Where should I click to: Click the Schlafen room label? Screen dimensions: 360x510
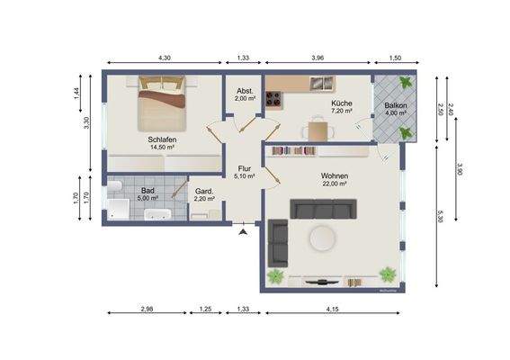(x=162, y=139)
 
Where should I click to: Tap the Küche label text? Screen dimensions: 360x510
(x=341, y=104)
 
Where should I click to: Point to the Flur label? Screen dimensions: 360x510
(x=244, y=168)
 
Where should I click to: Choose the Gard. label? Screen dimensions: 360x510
(x=204, y=191)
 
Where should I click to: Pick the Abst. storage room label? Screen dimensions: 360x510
(x=244, y=91)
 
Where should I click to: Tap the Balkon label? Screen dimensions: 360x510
(x=396, y=104)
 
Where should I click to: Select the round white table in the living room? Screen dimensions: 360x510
(x=321, y=238)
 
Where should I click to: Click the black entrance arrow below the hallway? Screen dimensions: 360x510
(x=243, y=232)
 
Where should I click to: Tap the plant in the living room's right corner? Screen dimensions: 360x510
(x=388, y=273)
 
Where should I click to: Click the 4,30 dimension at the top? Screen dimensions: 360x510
(x=165, y=58)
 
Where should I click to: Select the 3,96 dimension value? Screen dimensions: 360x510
(x=318, y=58)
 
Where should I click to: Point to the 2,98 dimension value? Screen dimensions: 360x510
(x=147, y=310)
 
